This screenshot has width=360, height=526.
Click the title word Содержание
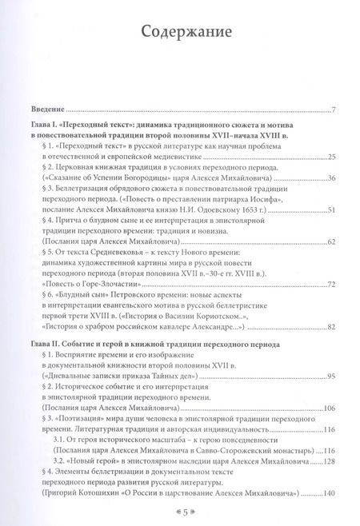click(x=179, y=34)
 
